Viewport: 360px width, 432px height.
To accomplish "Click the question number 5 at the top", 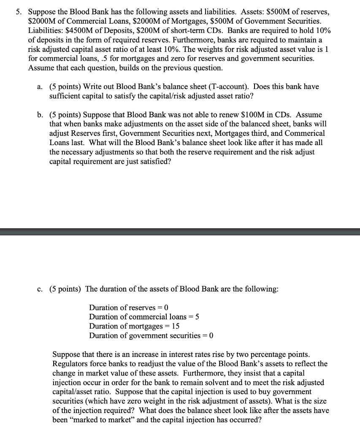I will pyautogui.click(x=19, y=12).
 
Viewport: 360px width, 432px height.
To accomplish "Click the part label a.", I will pyautogui.click(x=39, y=86).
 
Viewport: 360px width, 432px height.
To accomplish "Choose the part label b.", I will pyautogui.click(x=39, y=115).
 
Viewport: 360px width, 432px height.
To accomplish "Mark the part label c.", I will pyautogui.click(x=39, y=289).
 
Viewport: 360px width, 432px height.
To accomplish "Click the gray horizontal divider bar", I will pyautogui.click(x=180, y=231).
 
